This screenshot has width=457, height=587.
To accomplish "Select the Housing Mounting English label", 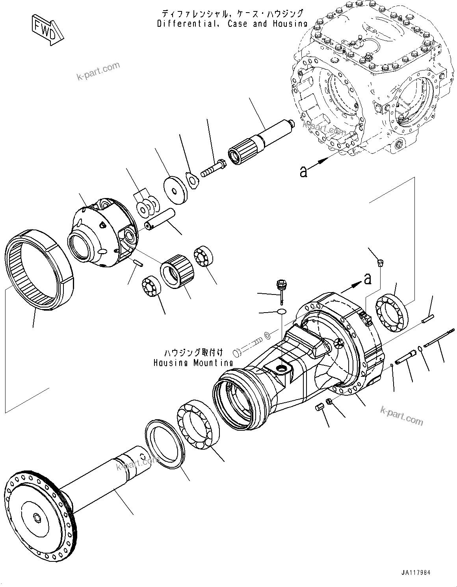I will click(x=193, y=363).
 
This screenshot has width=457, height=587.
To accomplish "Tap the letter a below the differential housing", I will click(x=303, y=172).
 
